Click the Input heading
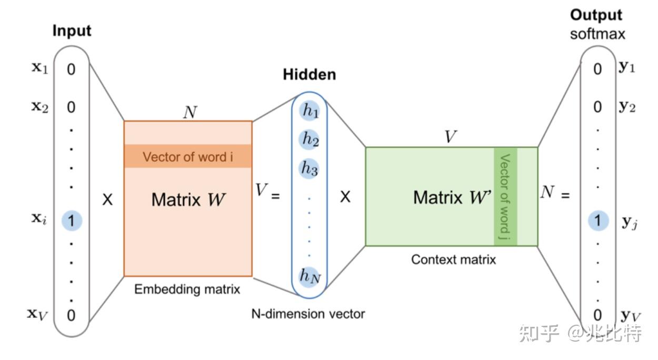click(x=72, y=31)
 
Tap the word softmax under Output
click(x=597, y=34)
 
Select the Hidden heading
click(x=310, y=75)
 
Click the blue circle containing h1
click(x=310, y=111)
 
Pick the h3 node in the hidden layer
click(x=309, y=168)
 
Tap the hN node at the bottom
click(x=310, y=276)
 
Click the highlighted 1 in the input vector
click(x=72, y=221)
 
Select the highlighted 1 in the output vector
click(x=599, y=221)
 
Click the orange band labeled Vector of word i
click(x=188, y=156)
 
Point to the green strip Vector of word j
click(x=505, y=196)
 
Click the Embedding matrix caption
click(x=187, y=289)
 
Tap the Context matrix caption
click(x=453, y=259)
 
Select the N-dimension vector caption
click(x=308, y=314)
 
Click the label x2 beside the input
click(x=40, y=107)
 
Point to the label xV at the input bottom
click(x=37, y=315)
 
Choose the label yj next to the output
click(x=629, y=223)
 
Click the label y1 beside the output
click(x=627, y=67)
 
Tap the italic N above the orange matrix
click(x=190, y=112)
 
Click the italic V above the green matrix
click(x=450, y=136)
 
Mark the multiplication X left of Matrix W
click(x=107, y=199)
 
